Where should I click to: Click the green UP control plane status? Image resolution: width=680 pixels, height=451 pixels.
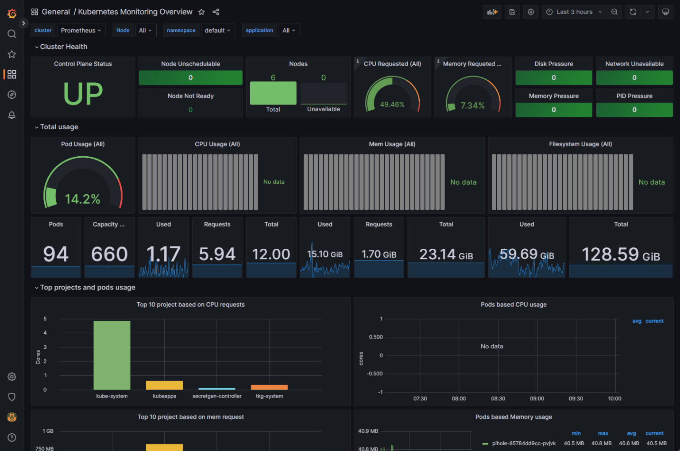tap(83, 94)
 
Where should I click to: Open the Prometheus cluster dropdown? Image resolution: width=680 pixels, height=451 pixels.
tap(81, 31)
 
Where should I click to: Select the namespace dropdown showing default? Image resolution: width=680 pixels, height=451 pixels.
tap(217, 31)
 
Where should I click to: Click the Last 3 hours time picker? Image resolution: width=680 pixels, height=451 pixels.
tap(574, 12)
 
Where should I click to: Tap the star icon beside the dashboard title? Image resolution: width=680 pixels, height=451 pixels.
tap(201, 12)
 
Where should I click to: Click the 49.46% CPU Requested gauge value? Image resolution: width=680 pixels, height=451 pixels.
tap(392, 105)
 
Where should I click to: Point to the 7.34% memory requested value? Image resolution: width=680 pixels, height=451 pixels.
tap(472, 105)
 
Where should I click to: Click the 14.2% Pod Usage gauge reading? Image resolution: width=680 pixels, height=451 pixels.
tap(82, 199)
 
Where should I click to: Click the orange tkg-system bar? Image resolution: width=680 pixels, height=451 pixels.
tap(269, 387)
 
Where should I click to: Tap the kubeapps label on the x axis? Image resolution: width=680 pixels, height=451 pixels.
tap(164, 396)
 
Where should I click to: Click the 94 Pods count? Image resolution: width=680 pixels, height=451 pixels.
tap(56, 254)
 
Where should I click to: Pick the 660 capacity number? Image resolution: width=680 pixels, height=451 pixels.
tap(109, 254)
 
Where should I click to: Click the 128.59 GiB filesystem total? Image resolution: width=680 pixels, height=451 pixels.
tap(620, 254)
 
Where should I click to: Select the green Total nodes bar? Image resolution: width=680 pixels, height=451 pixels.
tap(273, 93)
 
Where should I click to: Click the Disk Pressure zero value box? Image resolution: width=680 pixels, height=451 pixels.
tap(553, 78)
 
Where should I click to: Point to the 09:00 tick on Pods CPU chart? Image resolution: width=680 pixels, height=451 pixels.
tap(537, 398)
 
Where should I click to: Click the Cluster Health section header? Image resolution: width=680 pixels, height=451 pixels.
tap(63, 47)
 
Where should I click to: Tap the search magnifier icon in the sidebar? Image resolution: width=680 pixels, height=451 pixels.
tap(12, 34)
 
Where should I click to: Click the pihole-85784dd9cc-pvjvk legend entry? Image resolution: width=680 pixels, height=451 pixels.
tap(523, 443)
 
